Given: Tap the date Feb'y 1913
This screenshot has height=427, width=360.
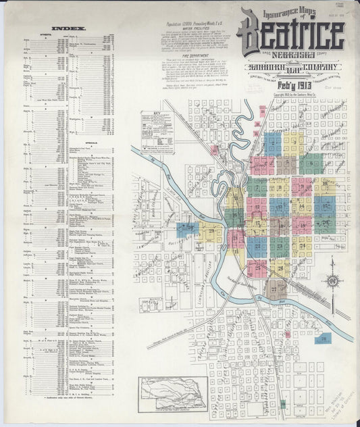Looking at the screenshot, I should [291, 82].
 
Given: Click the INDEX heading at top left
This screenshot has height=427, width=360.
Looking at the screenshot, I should [66, 28].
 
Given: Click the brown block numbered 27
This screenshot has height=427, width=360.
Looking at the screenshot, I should [275, 288].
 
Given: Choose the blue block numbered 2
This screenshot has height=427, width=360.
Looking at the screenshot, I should [273, 143].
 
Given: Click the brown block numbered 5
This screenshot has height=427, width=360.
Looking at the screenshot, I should [286, 164].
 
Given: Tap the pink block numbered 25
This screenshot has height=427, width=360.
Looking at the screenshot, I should [257, 268].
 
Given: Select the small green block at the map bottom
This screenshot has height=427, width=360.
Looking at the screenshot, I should [282, 403].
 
